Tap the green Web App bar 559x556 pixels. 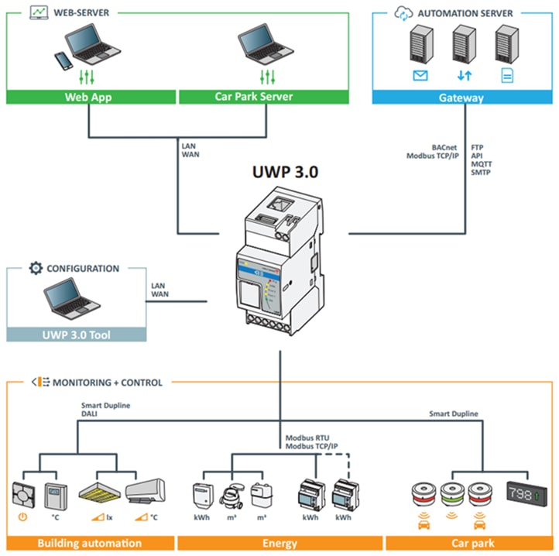91,98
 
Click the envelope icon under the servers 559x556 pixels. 420,76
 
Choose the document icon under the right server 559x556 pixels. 507,76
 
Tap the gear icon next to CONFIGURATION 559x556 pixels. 35,269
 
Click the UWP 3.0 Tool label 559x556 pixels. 77,335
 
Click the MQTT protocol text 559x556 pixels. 481,164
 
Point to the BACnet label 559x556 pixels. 447,146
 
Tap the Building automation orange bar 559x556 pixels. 90,543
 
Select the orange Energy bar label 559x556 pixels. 280,543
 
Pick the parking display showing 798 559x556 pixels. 527,493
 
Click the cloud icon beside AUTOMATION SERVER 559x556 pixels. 403,13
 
